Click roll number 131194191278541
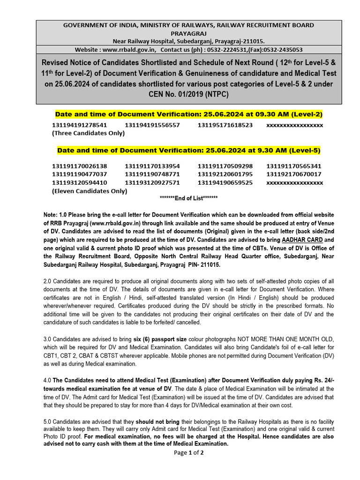[79, 125]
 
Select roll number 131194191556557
[152, 125]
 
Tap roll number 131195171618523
[225, 125]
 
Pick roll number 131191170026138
[79, 166]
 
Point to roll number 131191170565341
[294, 166]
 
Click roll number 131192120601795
[225, 174]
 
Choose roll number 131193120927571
[152, 182]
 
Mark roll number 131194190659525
[225, 182]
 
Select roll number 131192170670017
[294, 174]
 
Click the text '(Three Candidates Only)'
[88, 133]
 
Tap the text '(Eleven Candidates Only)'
[89, 191]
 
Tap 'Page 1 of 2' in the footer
[188, 452]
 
